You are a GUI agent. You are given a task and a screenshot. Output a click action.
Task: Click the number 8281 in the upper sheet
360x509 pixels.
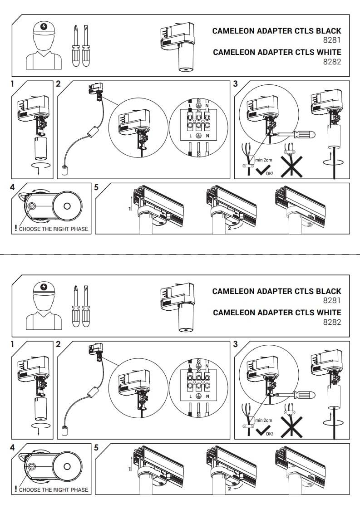pos(332,40)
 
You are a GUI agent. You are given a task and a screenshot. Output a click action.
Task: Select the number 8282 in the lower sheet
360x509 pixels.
pos(332,322)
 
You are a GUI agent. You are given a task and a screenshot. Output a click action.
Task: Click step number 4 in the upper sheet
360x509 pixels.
pos(12,187)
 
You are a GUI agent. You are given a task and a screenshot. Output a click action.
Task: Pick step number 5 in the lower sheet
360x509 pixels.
pos(96,447)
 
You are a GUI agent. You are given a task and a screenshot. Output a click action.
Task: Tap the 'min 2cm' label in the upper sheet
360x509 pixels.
pos(264,160)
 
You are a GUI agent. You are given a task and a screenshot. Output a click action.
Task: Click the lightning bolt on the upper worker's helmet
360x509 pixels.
pos(44,26)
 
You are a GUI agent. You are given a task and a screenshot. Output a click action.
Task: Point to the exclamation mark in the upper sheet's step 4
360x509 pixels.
pos(15,228)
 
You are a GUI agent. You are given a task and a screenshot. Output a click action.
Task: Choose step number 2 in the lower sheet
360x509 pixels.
pos(58,344)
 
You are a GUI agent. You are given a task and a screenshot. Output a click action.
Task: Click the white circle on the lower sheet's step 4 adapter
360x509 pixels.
pos(67,466)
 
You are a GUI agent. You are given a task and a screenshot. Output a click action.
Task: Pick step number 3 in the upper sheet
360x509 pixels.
pos(235,84)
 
